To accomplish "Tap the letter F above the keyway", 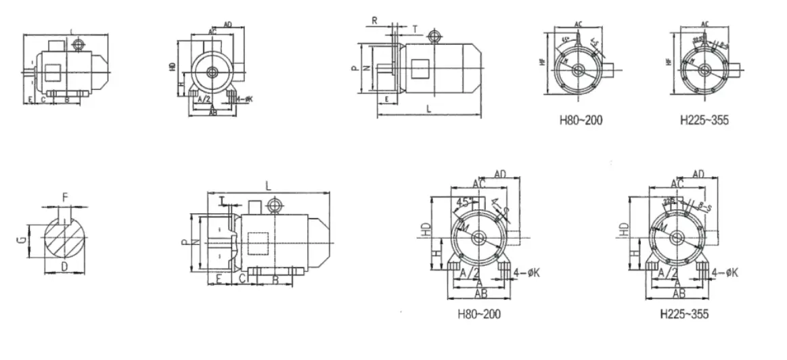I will (x=65, y=198).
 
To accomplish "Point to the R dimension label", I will (x=374, y=20).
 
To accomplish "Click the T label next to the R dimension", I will (x=415, y=29).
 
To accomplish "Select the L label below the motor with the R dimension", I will (x=428, y=108).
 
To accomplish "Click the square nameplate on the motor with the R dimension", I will (x=419, y=69).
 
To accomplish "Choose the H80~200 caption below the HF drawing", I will (x=581, y=121).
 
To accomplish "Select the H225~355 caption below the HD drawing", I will (x=685, y=315).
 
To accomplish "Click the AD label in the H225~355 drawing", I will (x=699, y=174).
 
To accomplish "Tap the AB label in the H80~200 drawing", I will (x=481, y=294).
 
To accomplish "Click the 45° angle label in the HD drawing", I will (x=464, y=202).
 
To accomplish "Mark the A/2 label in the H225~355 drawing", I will (x=669, y=271).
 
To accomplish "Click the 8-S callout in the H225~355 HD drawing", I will (x=705, y=207).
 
